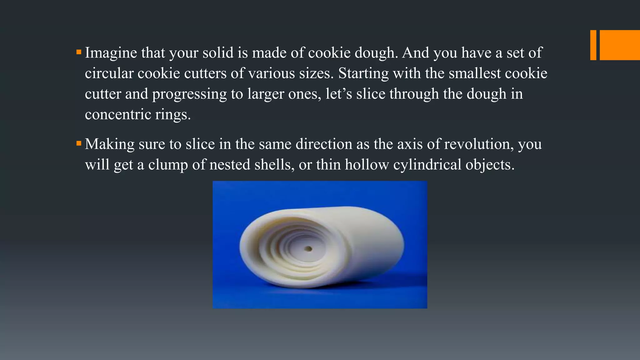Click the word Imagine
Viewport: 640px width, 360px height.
pos(111,53)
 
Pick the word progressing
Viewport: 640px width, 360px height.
pos(189,94)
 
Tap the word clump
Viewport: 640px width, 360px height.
pos(168,165)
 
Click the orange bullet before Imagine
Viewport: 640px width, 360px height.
pos(79,52)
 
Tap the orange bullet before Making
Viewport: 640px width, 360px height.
pos(79,143)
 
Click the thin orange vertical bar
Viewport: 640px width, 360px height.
pos(593,45)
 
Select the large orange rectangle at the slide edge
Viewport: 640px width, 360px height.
pos(620,45)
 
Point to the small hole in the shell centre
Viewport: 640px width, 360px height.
pos(309,249)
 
